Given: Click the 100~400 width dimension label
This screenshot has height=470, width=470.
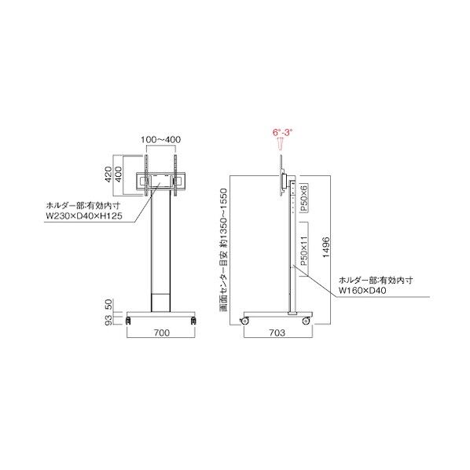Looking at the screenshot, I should tap(160, 139).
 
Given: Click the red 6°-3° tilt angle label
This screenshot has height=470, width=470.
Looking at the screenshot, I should tap(282, 134).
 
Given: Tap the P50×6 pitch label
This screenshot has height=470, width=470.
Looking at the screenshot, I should tap(303, 196).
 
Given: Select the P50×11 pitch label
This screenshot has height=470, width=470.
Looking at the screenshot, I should tap(303, 248).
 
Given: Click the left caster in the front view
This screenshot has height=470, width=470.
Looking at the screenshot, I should tap(127, 320).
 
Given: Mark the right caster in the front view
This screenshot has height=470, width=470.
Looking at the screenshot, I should tap(193, 320).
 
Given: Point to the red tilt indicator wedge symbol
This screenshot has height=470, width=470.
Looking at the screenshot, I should tap(281, 145).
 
